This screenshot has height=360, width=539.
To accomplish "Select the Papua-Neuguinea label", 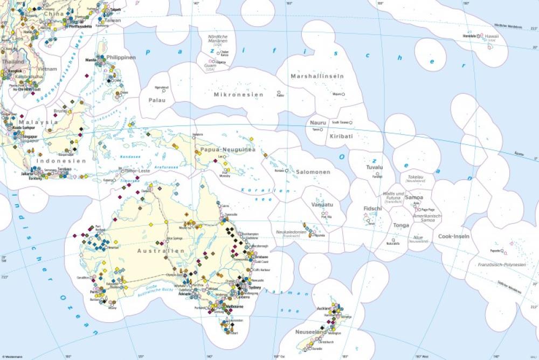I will click(227, 149).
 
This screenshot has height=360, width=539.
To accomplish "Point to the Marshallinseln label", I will click(317, 77).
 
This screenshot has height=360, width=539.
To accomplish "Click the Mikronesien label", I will click(239, 95).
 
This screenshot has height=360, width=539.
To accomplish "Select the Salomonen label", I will click(313, 172).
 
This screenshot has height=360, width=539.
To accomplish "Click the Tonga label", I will click(401, 225).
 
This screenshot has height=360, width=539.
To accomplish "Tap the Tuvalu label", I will click(374, 168).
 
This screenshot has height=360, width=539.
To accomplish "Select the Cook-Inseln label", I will click(454, 236).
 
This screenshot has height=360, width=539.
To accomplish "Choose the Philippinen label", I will click(121, 57).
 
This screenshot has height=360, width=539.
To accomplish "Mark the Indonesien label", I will click(61, 161).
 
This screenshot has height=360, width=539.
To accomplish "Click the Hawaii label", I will click(491, 36).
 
